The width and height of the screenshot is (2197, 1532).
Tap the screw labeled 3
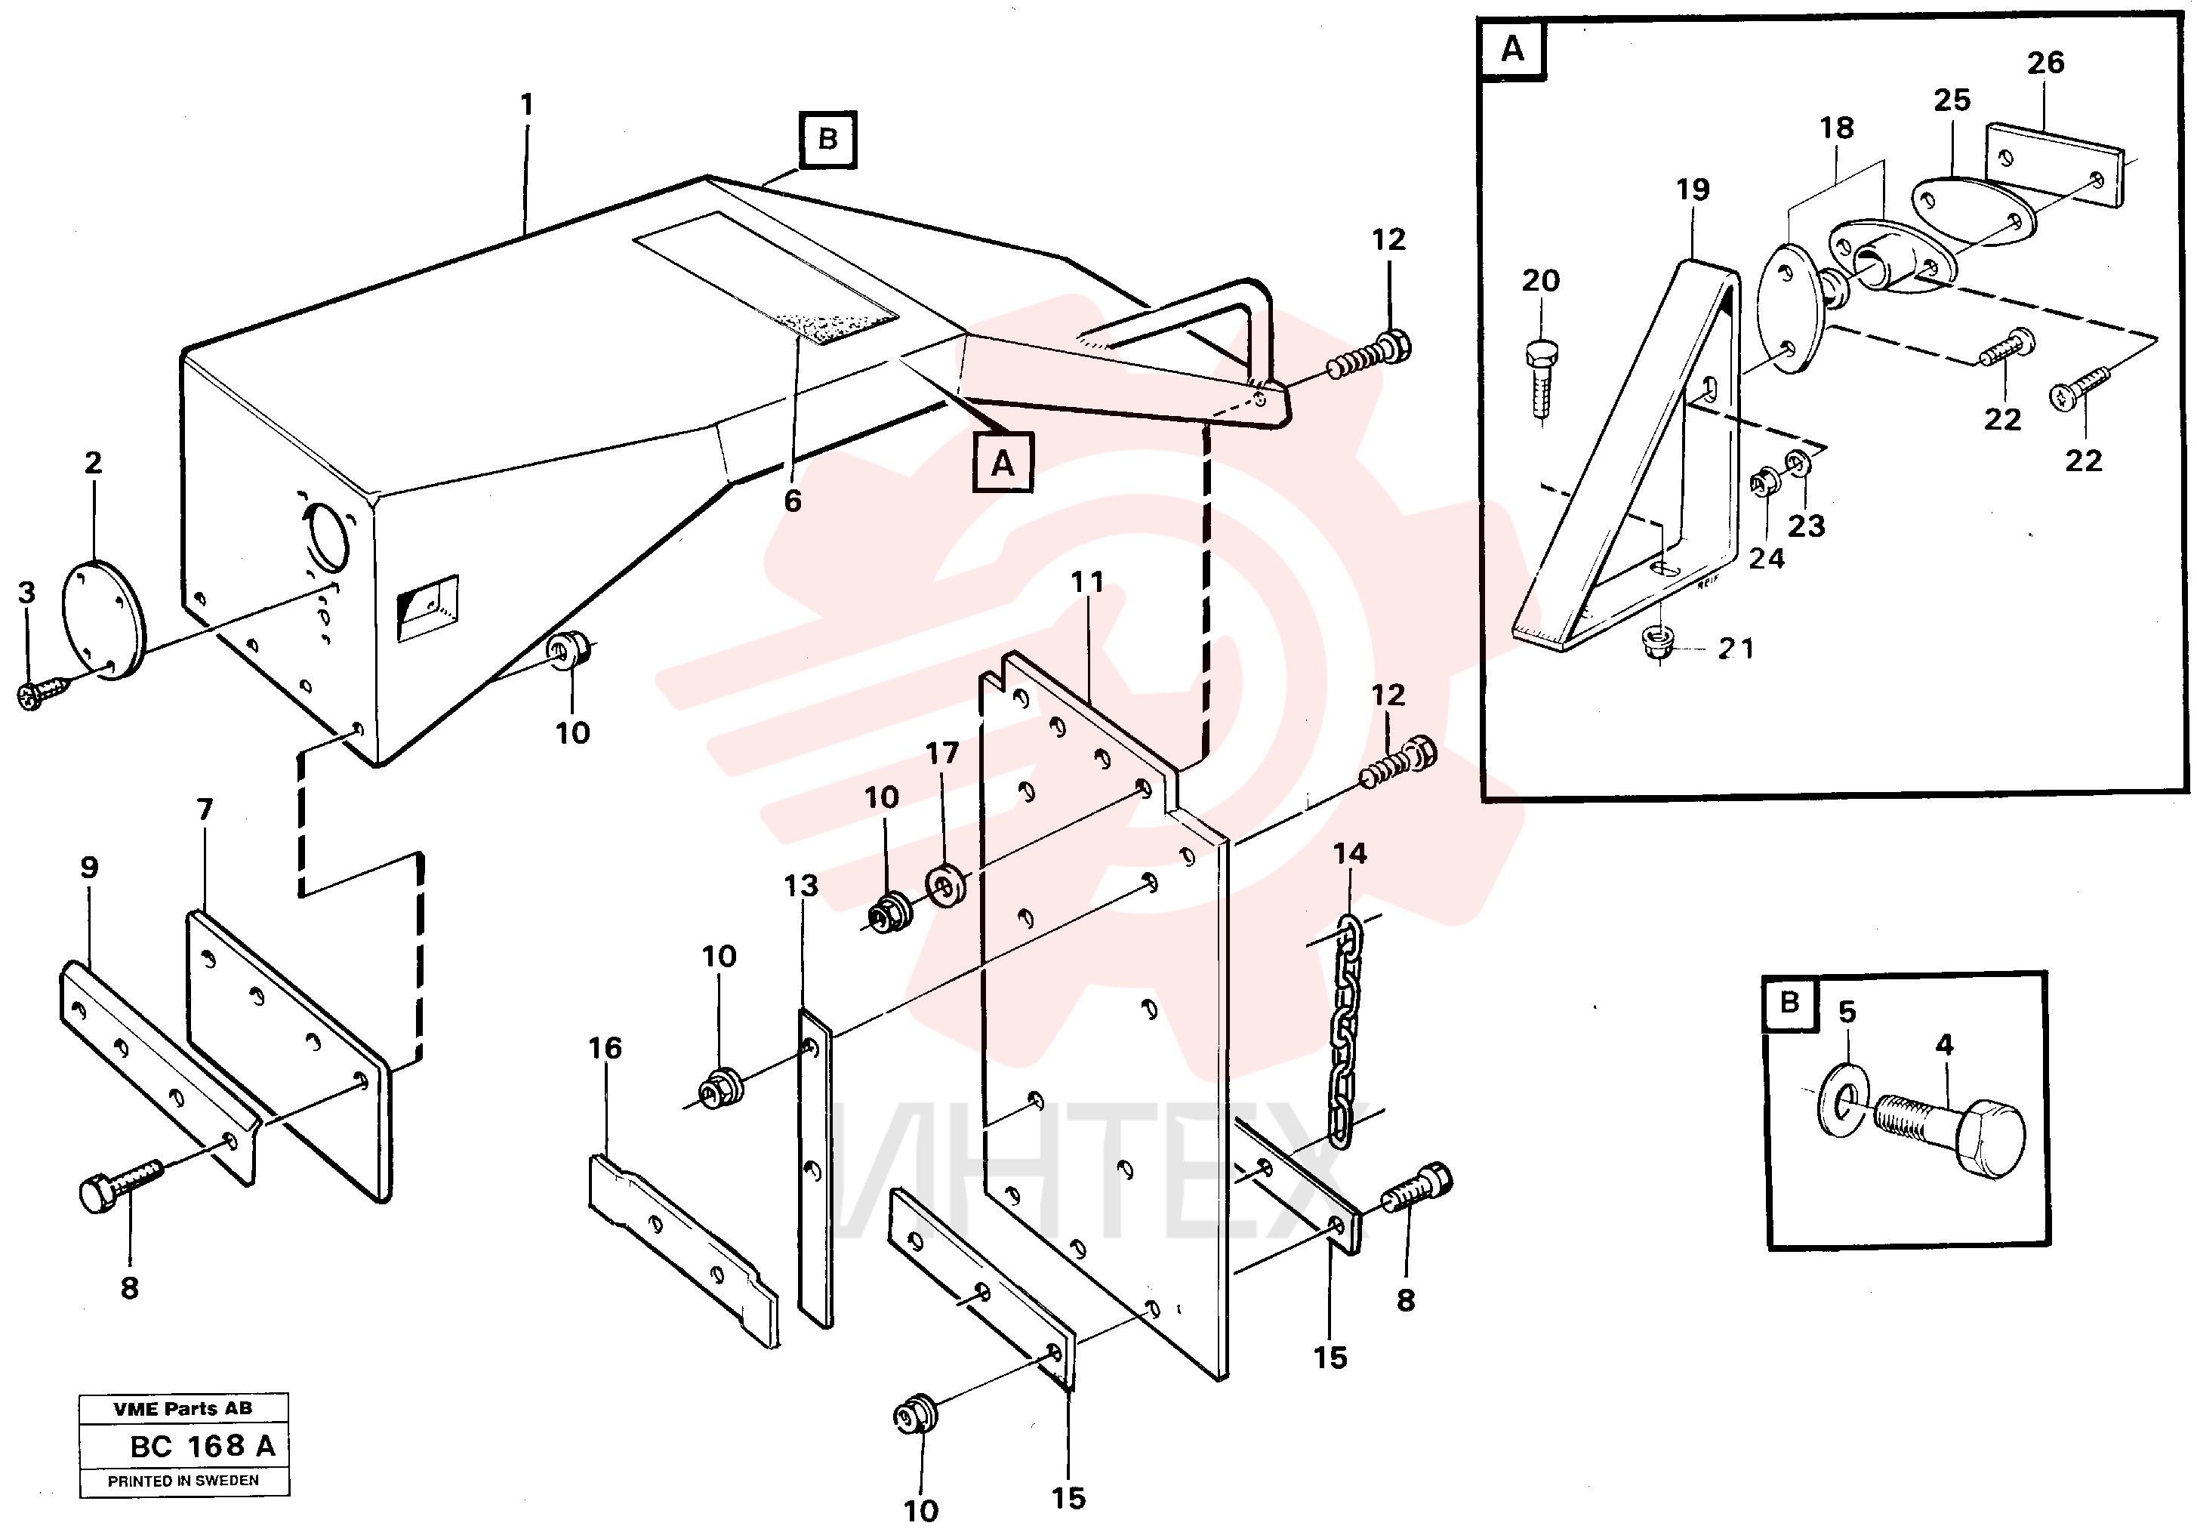click(44, 693)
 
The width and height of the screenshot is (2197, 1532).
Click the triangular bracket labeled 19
click(1627, 458)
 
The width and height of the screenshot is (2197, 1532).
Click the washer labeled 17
click(945, 885)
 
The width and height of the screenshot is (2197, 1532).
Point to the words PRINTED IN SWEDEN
click(183, 1481)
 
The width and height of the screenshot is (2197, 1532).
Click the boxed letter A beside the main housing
click(1002, 463)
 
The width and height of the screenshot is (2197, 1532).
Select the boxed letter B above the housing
click(827, 140)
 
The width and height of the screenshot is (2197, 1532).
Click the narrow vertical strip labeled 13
click(815, 1167)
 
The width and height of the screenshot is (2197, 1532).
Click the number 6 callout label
click(792, 501)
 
